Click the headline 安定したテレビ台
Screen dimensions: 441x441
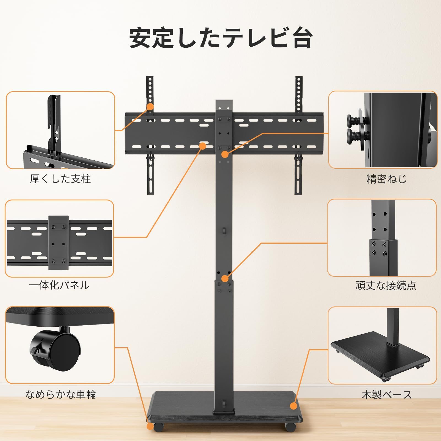(220, 38)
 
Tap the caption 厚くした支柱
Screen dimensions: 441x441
(60, 179)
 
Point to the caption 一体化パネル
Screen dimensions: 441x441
(59, 285)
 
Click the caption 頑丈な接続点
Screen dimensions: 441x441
(385, 285)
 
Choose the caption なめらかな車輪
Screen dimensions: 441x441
(60, 394)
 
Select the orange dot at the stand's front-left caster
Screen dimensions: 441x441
(150, 426)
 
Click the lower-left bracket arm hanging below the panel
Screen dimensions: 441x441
(150, 174)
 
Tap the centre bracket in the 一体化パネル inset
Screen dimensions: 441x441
(58, 243)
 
